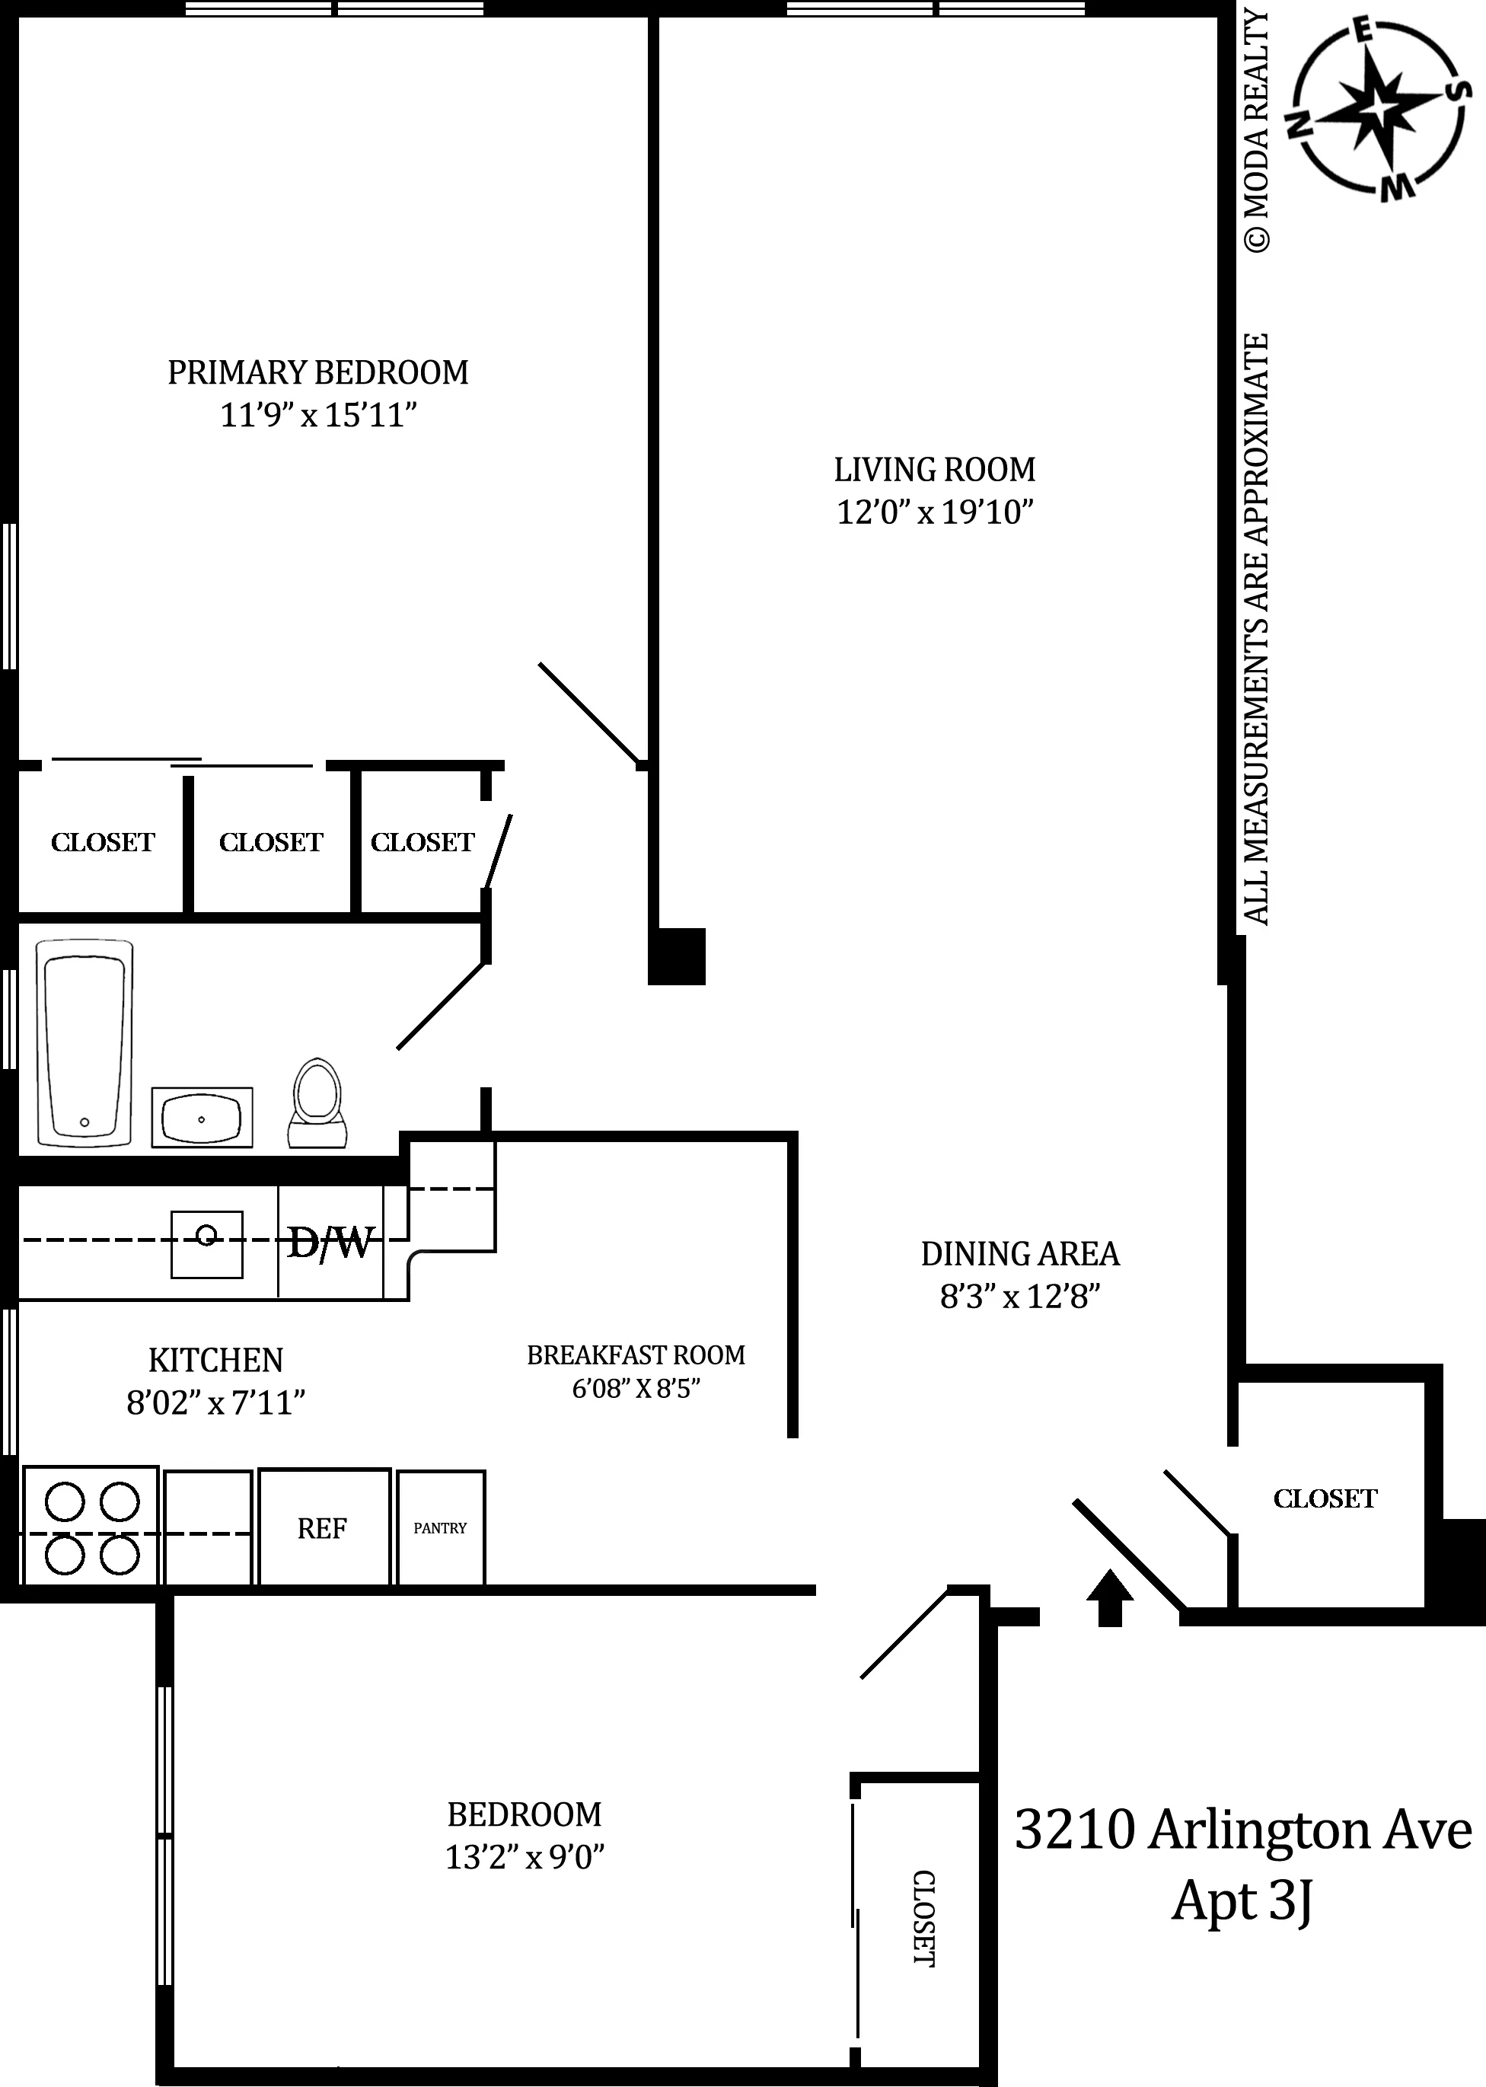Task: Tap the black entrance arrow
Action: (1110, 1597)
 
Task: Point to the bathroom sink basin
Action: (201, 1117)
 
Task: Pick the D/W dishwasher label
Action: (331, 1243)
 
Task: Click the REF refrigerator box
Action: (323, 1528)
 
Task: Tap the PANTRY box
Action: (440, 1528)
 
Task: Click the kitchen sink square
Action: (207, 1244)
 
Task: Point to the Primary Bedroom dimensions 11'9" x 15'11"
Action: (318, 416)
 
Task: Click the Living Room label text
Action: (934, 469)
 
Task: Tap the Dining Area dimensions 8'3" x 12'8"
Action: (1020, 1297)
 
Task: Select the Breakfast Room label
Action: (636, 1355)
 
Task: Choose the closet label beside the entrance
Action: (1325, 1498)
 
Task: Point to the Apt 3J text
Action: (1242, 1902)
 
